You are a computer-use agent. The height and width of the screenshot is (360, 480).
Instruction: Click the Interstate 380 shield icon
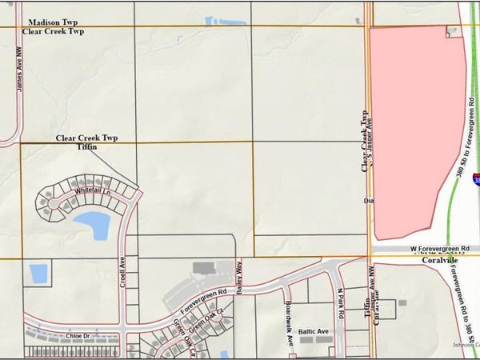click(475, 179)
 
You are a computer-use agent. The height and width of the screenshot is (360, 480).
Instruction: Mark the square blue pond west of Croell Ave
click(38, 273)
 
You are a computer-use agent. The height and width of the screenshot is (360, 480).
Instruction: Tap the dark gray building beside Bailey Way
click(205, 266)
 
